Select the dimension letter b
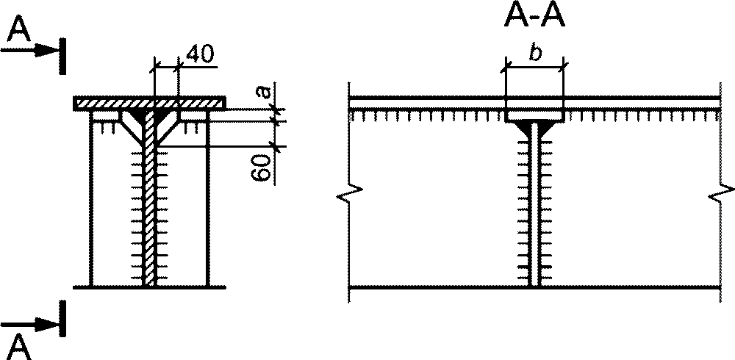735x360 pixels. click(x=535, y=54)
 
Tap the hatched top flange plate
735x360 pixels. click(x=149, y=103)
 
